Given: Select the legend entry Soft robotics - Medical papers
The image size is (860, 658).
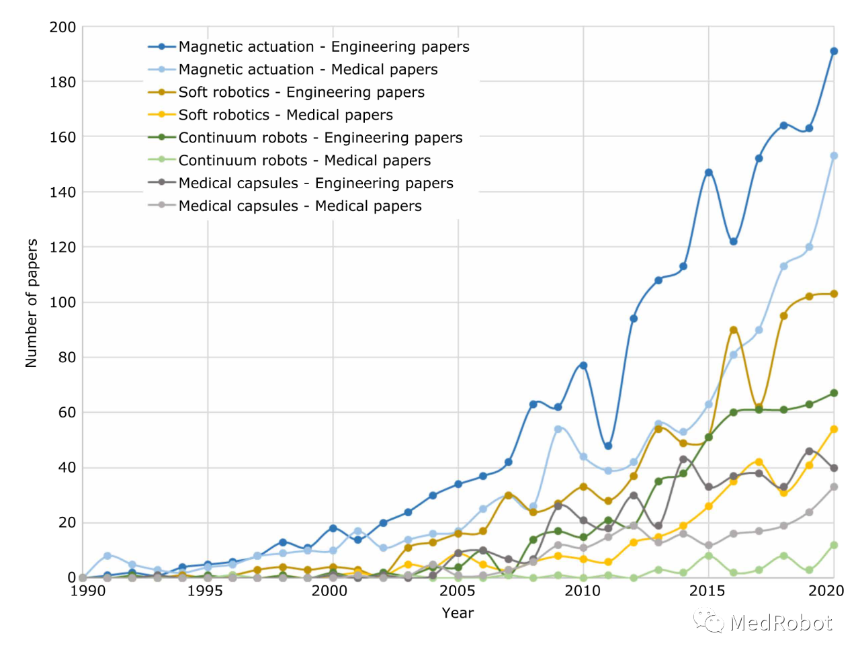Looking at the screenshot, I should coord(285,115).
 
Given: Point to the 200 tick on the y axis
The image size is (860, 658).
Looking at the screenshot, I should coord(62,28).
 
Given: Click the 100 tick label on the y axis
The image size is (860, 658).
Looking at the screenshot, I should coord(62,302).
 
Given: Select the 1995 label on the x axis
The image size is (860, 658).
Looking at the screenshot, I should coord(205,591).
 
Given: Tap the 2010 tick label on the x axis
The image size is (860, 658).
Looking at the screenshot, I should coord(583,591).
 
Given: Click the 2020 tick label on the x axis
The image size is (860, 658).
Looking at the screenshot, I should coord(826,591).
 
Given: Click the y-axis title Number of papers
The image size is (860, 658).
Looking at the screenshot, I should coord(32,303).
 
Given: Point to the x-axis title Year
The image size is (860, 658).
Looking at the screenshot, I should coord(458,613).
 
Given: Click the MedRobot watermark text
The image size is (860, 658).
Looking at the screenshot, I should coord(781,623).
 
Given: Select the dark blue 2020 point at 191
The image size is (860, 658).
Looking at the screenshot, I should coord(834,51).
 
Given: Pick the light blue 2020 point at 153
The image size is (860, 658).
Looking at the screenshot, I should coord(834,156).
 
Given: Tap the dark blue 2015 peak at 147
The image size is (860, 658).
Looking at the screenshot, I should coord(708,173).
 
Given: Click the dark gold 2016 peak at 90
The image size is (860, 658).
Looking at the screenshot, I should coord(734,330).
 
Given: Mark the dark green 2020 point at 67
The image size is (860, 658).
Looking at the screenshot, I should coord(834,393).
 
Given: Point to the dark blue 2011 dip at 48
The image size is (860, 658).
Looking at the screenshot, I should coord(608,446).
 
